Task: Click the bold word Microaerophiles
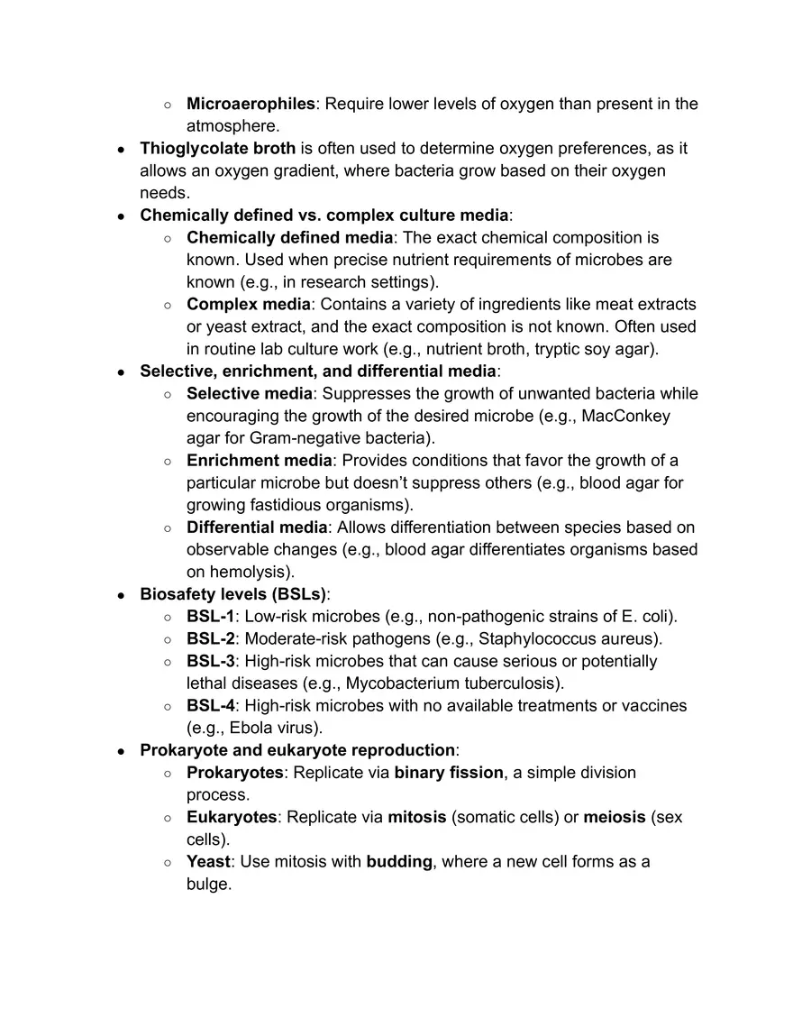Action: tap(251, 104)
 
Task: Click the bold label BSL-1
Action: tap(210, 617)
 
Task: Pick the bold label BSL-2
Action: tap(210, 639)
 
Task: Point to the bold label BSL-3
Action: tap(210, 661)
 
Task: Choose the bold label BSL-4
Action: tap(210, 706)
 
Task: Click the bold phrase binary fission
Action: tap(449, 773)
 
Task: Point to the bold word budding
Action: tap(399, 862)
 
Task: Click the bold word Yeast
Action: tap(208, 862)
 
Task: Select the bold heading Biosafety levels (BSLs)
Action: tap(233, 594)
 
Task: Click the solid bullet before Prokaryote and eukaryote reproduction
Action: tap(122, 751)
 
